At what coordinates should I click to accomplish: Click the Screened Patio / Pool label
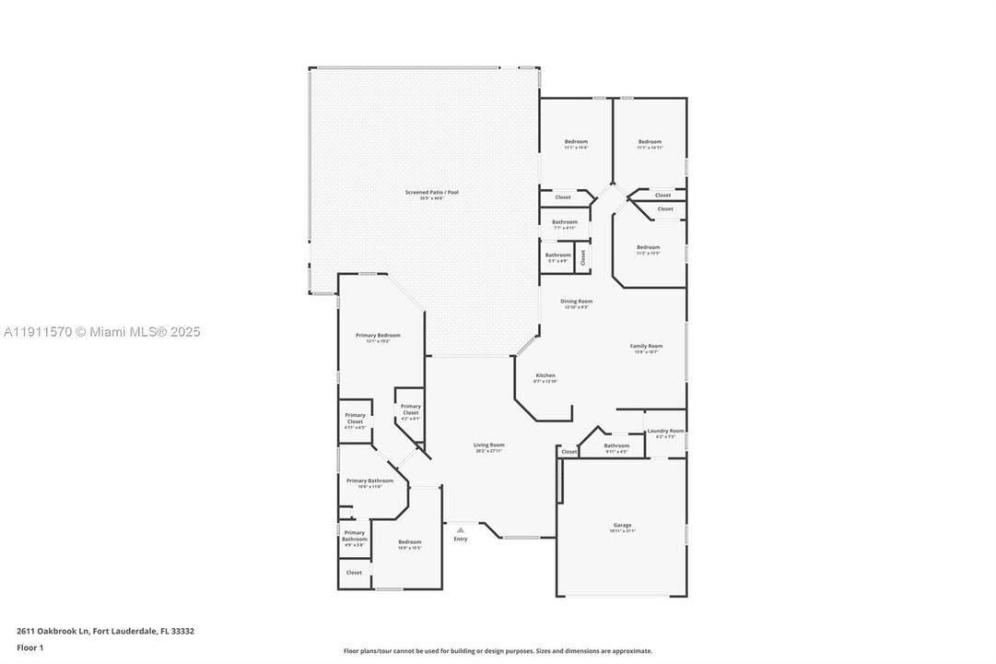(431, 193)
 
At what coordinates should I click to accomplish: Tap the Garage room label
(623, 526)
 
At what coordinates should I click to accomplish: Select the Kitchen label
(546, 376)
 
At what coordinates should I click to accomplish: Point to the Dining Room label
(576, 302)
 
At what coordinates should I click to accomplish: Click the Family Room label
(646, 347)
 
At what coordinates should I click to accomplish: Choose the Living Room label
(489, 445)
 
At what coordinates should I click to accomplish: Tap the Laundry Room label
(665, 432)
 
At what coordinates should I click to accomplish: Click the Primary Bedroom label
(378, 336)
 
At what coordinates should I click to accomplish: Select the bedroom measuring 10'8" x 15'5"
(409, 543)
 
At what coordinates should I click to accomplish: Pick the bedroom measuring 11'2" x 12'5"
(648, 248)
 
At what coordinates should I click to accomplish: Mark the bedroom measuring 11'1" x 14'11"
(650, 143)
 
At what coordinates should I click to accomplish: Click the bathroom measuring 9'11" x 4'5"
(616, 447)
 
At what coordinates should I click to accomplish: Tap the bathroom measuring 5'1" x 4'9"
(557, 256)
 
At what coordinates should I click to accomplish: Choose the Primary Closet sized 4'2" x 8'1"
(410, 410)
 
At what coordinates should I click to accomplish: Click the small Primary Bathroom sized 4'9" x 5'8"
(355, 538)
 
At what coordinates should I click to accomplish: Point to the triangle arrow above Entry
(460, 529)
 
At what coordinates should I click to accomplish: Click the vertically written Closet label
(583, 256)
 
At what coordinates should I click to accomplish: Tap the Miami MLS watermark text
(101, 332)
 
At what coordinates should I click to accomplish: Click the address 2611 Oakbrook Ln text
(105, 632)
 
